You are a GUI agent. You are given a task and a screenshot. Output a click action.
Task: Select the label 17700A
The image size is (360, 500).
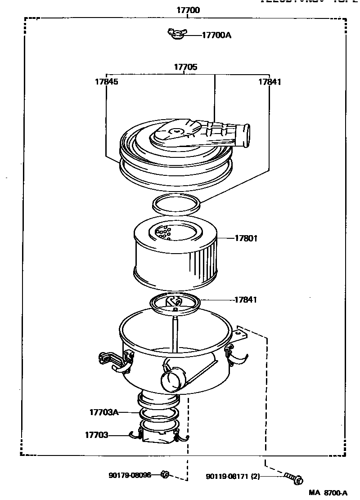click(x=216, y=35)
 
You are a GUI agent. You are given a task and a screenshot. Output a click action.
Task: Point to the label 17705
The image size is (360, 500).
click(x=185, y=67)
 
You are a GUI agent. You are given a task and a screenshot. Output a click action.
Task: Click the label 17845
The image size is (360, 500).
click(x=106, y=82)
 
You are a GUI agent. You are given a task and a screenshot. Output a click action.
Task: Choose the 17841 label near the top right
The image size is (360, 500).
click(x=270, y=82)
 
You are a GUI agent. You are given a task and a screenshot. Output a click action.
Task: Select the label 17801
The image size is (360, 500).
click(x=246, y=238)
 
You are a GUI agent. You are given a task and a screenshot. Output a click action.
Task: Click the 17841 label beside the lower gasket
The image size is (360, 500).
click(x=246, y=299)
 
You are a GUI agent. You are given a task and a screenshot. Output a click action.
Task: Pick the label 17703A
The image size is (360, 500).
click(x=103, y=412)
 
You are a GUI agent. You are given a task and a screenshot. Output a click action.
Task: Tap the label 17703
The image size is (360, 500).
click(x=96, y=435)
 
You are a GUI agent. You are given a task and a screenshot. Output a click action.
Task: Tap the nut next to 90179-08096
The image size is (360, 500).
click(x=165, y=474)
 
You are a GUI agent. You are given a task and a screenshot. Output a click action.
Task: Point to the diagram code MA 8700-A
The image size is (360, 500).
click(x=328, y=493)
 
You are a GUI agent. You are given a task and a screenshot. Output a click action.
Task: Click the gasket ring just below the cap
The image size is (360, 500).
click(x=177, y=205)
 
